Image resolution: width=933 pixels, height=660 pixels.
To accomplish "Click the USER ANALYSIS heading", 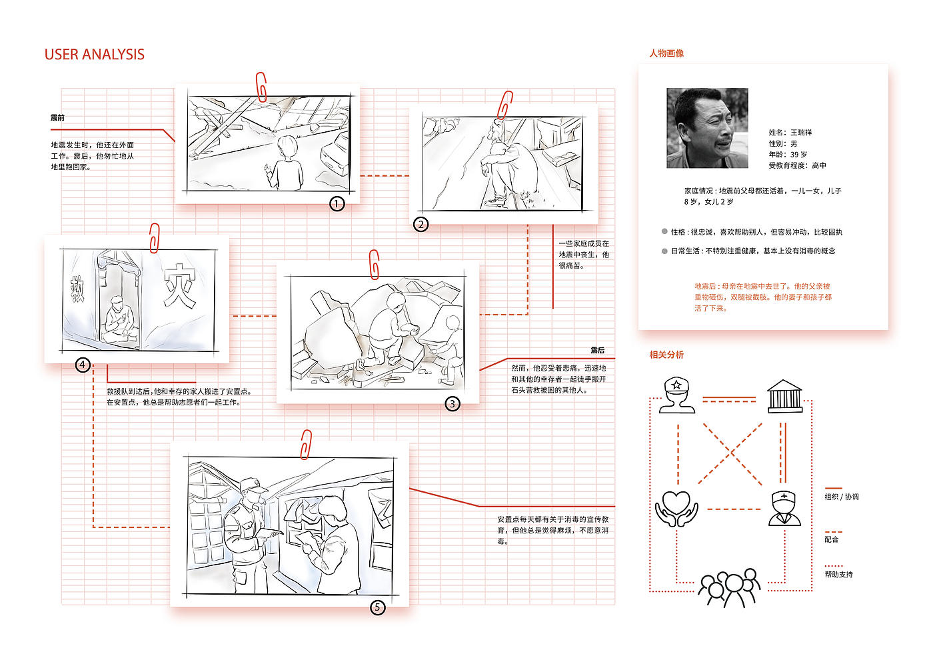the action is (x=95, y=55).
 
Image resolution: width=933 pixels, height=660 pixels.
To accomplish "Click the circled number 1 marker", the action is (x=337, y=203).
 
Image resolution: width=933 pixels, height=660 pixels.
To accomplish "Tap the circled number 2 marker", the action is (x=421, y=224).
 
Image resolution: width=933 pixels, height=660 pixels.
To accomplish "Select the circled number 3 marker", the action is (x=453, y=403).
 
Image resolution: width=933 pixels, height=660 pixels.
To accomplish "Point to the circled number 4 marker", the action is (x=83, y=365).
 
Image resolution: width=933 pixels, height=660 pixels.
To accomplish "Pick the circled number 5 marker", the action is (x=378, y=607).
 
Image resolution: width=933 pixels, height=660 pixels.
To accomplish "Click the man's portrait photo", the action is (x=707, y=128).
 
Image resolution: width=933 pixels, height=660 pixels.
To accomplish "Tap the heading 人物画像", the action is (x=666, y=53).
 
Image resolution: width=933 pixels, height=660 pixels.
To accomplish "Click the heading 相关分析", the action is (x=666, y=355).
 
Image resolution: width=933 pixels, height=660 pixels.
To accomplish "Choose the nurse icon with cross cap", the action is (x=784, y=509).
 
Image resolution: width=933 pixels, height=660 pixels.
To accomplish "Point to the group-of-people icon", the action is (x=730, y=587).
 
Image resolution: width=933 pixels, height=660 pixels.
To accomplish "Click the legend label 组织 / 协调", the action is (x=842, y=497).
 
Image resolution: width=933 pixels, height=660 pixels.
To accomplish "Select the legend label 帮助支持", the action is (x=839, y=574).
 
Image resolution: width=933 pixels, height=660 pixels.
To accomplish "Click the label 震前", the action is (x=58, y=118).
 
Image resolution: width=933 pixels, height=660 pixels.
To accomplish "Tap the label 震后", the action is (x=597, y=351).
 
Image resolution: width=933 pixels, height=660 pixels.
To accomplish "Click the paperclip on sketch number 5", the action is (x=306, y=444).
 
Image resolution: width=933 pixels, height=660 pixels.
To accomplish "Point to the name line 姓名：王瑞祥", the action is (x=790, y=133).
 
